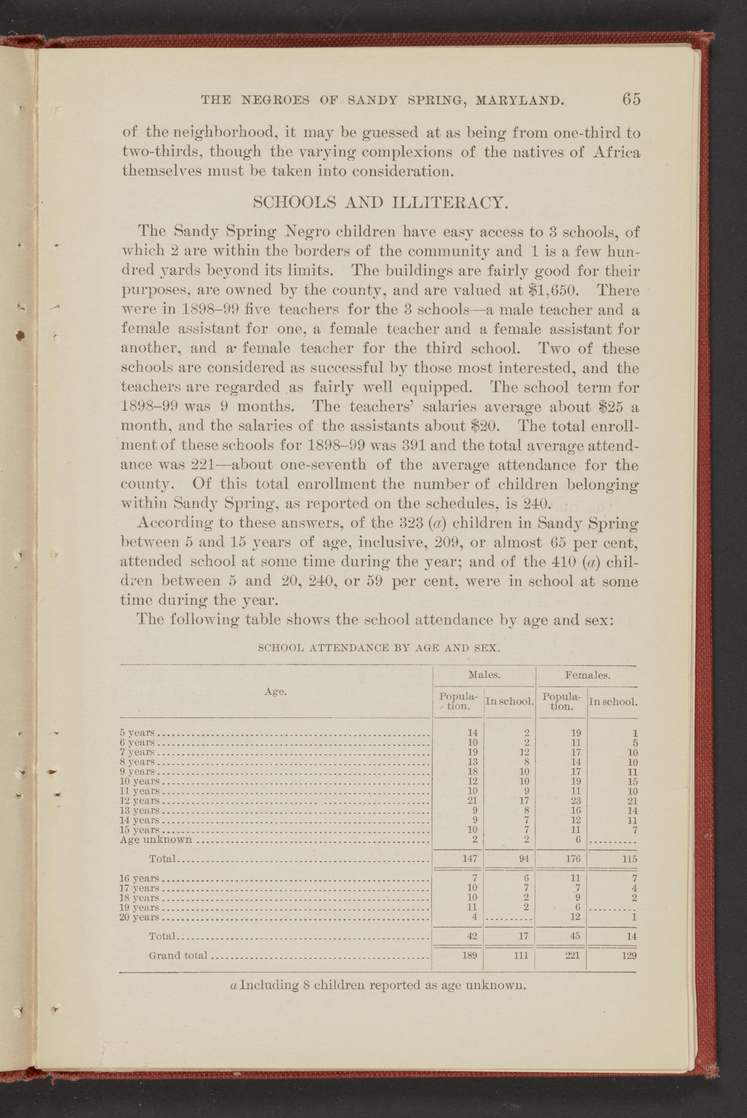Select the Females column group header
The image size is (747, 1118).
pos(587,675)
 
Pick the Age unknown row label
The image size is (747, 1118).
pos(155,840)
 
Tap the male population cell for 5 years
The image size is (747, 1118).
pos(473,733)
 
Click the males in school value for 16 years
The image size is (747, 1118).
pos(526,878)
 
